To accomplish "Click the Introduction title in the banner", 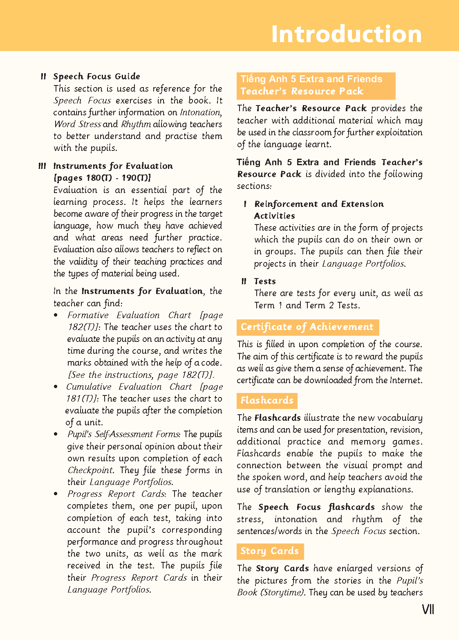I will (x=346, y=34).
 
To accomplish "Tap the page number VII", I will (x=428, y=609).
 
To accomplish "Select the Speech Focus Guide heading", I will (x=96, y=76).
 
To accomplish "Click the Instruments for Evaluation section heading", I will (x=113, y=166).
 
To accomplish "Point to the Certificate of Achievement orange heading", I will (x=307, y=327).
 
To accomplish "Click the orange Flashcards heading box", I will (x=267, y=400).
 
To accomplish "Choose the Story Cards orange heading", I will (x=270, y=551).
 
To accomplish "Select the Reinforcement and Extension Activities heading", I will (x=319, y=210).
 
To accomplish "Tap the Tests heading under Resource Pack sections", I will (x=265, y=281).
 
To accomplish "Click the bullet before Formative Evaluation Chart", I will (x=56, y=315).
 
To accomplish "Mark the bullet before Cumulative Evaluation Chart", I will (x=56, y=387).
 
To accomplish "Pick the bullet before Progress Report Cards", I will (x=56, y=494).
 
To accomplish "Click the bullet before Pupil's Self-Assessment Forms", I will (x=56, y=434).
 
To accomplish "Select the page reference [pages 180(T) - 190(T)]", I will (x=102, y=178).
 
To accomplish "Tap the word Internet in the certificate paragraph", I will (x=405, y=380).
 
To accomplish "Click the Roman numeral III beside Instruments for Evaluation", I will (x=42, y=166).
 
